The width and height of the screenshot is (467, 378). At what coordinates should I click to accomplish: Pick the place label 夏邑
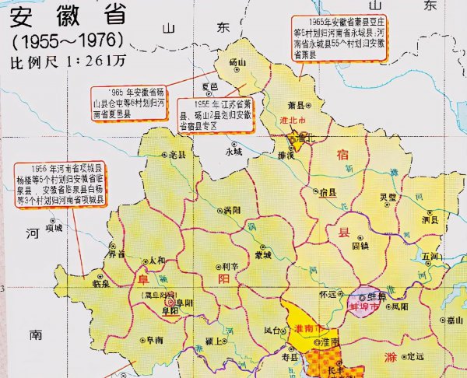click(210, 86)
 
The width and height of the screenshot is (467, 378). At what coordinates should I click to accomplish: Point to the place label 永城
click(233, 151)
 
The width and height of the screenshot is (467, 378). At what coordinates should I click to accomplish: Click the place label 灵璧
click(387, 198)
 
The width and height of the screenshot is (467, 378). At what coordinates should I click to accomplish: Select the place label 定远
click(416, 357)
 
